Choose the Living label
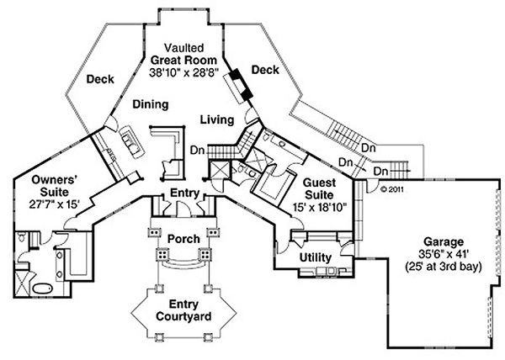[216, 120]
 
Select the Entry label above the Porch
[183, 194]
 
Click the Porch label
[183, 239]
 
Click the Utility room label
[316, 257]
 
